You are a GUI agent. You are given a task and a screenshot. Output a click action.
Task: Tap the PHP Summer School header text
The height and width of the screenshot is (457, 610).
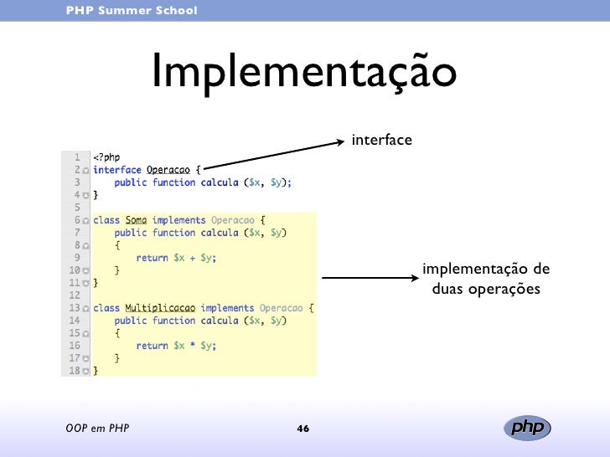tap(132, 10)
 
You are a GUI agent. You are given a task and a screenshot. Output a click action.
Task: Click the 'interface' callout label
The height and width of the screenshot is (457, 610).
tap(382, 139)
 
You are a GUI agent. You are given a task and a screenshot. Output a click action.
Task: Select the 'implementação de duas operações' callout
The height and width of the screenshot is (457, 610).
tap(486, 280)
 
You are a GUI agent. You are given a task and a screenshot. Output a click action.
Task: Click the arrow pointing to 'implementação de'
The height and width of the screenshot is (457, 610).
tap(369, 278)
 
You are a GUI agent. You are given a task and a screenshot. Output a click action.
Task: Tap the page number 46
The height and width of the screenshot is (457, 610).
tap(303, 429)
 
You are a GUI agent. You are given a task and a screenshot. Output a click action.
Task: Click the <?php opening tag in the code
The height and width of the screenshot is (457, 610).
tap(106, 157)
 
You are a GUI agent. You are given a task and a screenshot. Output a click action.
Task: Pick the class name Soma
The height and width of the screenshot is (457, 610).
tap(136, 220)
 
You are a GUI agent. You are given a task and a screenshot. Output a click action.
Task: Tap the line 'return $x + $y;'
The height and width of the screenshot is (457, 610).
tap(176, 258)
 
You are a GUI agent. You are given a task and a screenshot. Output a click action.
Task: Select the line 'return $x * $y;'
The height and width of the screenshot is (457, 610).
tap(176, 345)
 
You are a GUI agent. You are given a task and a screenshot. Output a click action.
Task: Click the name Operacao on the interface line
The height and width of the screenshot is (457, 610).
tap(168, 169)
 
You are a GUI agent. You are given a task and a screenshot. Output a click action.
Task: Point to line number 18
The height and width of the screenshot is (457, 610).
tap(75, 369)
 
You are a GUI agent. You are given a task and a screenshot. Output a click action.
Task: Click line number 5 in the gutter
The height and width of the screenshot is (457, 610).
tap(76, 206)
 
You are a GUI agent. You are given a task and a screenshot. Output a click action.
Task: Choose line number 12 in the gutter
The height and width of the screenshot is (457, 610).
tap(75, 295)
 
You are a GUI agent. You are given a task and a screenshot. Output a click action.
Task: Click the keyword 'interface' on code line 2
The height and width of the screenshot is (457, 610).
tap(117, 169)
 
